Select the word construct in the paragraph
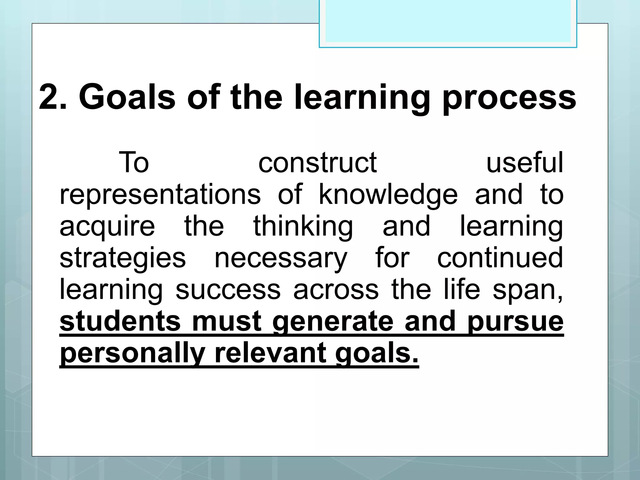click(317, 163)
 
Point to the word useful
click(525, 163)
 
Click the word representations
click(160, 195)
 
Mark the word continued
click(500, 258)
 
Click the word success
click(228, 290)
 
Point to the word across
click(336, 290)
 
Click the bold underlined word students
click(120, 322)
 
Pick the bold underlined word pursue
click(516, 322)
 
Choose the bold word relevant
click(271, 353)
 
